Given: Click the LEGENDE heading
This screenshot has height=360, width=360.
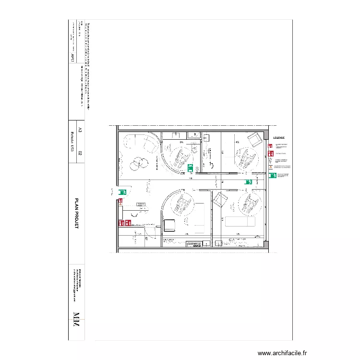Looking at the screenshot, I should point(279,138).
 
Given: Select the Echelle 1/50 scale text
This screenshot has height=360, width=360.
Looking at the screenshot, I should point(72,143).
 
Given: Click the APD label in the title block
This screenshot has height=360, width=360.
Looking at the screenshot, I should point(72,57).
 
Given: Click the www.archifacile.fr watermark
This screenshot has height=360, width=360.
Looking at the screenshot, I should point(282,353).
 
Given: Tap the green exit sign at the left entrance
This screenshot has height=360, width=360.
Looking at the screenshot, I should point(122,192).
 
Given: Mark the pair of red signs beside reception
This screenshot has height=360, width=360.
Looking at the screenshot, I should point(125,223).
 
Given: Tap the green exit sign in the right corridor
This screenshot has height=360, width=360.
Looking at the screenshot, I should point(249,182).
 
